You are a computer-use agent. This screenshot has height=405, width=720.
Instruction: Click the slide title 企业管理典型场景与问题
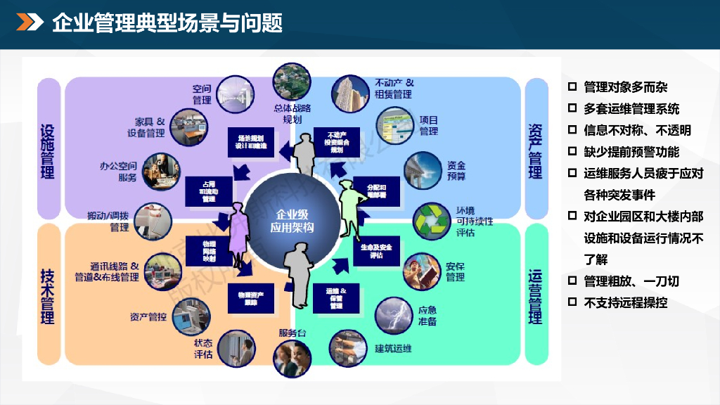coord(167,23)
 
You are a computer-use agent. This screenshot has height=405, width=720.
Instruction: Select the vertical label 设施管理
coord(48,150)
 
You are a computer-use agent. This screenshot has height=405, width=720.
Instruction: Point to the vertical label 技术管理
coord(48,295)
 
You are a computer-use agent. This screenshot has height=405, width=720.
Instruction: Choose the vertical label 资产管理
coord(536,150)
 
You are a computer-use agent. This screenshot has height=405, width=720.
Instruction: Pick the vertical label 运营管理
coord(536,295)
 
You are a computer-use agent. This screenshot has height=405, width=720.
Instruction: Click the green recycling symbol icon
coord(428,220)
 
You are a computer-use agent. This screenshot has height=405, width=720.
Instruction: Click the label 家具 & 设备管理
coord(146,127)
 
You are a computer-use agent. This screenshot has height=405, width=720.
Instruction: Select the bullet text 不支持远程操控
coord(625,302)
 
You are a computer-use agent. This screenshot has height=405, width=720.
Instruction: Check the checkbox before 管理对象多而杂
coord(572,87)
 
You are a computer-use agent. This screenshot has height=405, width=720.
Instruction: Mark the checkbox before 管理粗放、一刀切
coord(572,281)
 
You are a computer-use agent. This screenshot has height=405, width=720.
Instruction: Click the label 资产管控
coord(148,317)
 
